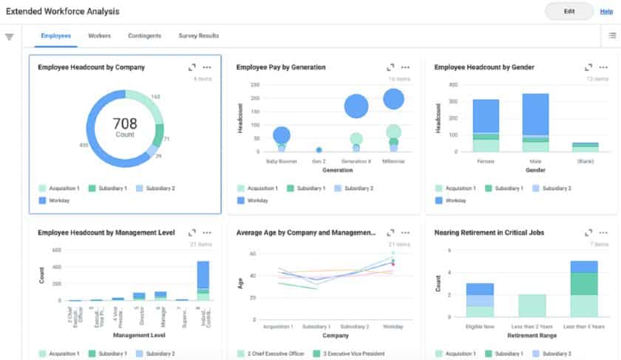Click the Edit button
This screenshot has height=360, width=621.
pyautogui.click(x=569, y=11)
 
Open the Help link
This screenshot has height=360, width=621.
pyautogui.click(x=605, y=11)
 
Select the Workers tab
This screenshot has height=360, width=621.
pyautogui.click(x=99, y=35)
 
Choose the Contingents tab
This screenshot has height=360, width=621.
pyautogui.click(x=145, y=35)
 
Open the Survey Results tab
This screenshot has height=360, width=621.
pyautogui.click(x=198, y=35)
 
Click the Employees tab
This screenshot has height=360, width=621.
pyautogui.click(x=56, y=35)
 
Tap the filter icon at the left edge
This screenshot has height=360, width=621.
pyautogui.click(x=10, y=37)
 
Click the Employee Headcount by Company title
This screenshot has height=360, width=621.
pyautogui.click(x=91, y=67)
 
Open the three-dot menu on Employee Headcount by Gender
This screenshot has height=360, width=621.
pyautogui.click(x=603, y=67)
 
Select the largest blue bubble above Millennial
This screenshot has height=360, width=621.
pyautogui.click(x=393, y=99)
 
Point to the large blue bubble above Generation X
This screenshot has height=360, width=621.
pyautogui.click(x=356, y=107)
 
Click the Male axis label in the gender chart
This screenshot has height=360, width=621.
pyautogui.click(x=535, y=160)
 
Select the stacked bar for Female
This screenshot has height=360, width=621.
pyautogui.click(x=486, y=126)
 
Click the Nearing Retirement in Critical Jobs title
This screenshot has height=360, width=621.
pyautogui.click(x=489, y=232)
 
